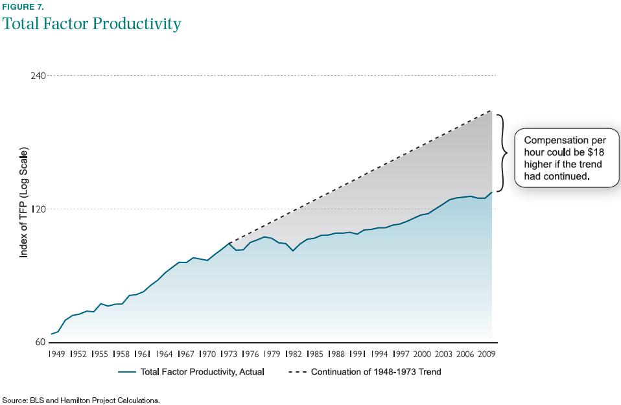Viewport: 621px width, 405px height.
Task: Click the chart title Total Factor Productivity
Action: click(x=91, y=25)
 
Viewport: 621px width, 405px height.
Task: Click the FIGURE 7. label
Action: click(x=23, y=7)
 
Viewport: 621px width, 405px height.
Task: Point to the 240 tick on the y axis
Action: click(x=38, y=76)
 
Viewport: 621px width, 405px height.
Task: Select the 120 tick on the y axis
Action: click(x=38, y=209)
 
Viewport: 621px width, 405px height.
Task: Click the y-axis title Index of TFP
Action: click(x=23, y=203)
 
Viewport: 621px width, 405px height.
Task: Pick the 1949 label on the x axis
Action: click(x=58, y=354)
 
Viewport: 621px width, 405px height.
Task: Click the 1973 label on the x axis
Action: click(x=229, y=354)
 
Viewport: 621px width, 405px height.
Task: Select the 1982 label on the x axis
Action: click(x=293, y=354)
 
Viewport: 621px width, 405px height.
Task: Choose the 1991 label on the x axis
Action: click(x=357, y=354)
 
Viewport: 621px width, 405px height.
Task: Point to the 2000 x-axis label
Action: click(x=421, y=354)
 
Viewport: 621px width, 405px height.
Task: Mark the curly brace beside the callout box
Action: click(x=503, y=154)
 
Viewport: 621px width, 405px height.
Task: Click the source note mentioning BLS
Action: click(x=81, y=400)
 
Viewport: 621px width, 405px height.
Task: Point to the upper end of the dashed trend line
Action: click(x=491, y=111)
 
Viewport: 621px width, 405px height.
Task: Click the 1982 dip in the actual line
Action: click(x=293, y=250)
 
